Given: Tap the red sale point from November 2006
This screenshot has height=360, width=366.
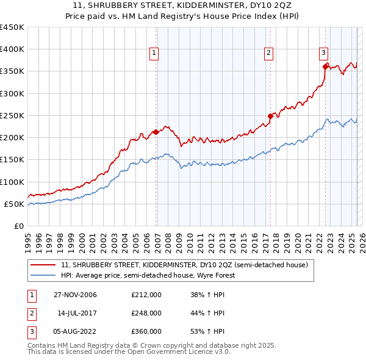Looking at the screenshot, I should [156, 132].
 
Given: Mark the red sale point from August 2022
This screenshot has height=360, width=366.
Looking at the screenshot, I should [325, 67].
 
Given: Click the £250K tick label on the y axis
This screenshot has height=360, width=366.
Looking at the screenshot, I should [12, 115].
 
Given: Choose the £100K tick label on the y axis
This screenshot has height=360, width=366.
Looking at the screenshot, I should [12, 182].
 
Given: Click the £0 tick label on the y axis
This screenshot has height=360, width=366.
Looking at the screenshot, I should [18, 226].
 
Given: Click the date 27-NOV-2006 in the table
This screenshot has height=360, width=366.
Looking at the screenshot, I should [75, 295].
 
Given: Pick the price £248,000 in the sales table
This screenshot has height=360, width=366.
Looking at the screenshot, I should [146, 313].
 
